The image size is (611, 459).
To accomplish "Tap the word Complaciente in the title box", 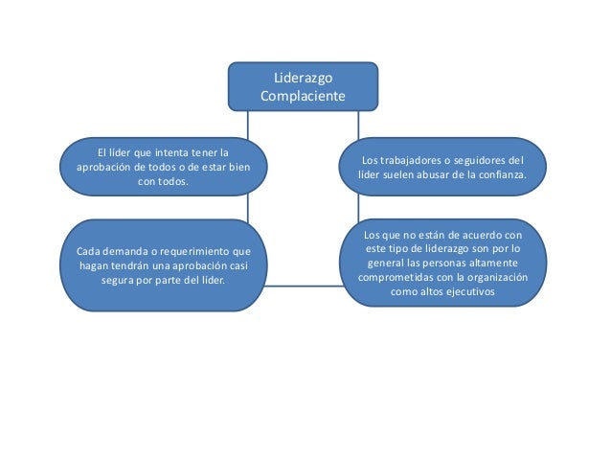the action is pos(303,96).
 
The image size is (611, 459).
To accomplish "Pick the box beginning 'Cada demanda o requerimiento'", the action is pos(164,265).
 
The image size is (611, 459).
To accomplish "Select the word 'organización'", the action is pos(494,279).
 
